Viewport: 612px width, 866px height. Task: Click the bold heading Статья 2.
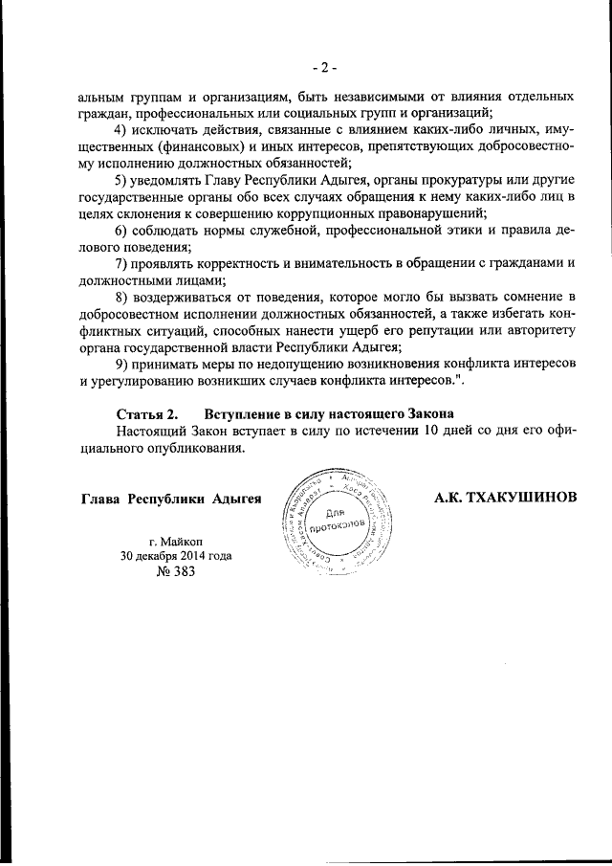point(146,414)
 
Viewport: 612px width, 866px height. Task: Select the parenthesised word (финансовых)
point(174,147)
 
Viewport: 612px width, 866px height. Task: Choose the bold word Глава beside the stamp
point(101,499)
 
